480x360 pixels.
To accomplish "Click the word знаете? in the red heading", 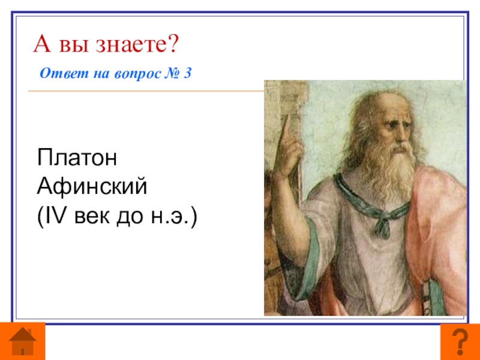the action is click(137, 44).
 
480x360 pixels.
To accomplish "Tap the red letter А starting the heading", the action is click(41, 44).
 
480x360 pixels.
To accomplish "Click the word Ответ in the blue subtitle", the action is click(64, 73).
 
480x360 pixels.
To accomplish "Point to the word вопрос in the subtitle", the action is click(137, 74).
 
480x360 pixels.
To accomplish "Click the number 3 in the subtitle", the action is click(187, 73).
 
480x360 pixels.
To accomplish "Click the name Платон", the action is click(77, 157).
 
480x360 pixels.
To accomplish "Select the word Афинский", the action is click(92, 186).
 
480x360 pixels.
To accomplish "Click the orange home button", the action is click(22, 341).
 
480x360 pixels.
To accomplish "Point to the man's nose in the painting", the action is click(402, 136).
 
